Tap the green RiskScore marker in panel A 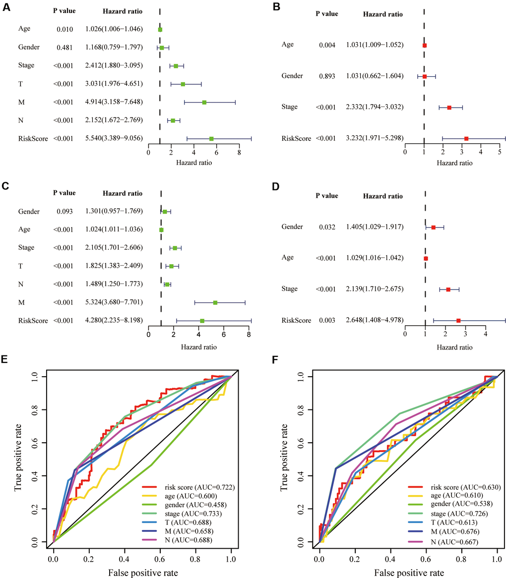click(x=211, y=139)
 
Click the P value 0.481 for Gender click(x=64, y=48)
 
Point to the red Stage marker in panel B click(x=449, y=107)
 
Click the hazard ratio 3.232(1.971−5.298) click(x=375, y=138)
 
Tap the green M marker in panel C click(x=215, y=302)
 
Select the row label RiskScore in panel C click(x=33, y=321)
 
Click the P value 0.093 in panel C click(x=64, y=212)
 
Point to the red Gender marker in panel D click(x=434, y=227)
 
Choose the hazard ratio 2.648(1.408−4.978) click(x=375, y=321)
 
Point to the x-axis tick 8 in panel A click(x=239, y=152)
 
